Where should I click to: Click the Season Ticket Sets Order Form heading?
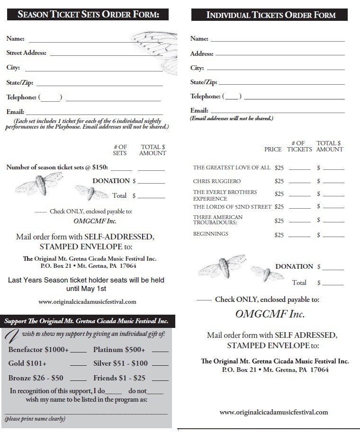88,14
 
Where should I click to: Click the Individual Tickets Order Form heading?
270,15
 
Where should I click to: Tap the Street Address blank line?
106,55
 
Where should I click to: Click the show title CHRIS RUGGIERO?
217,181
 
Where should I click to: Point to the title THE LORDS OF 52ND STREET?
232,207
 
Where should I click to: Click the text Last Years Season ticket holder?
86,280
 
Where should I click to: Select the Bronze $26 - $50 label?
36,378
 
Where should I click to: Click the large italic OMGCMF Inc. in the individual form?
270,314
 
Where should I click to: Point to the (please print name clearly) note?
35,419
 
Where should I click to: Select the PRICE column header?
273,149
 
